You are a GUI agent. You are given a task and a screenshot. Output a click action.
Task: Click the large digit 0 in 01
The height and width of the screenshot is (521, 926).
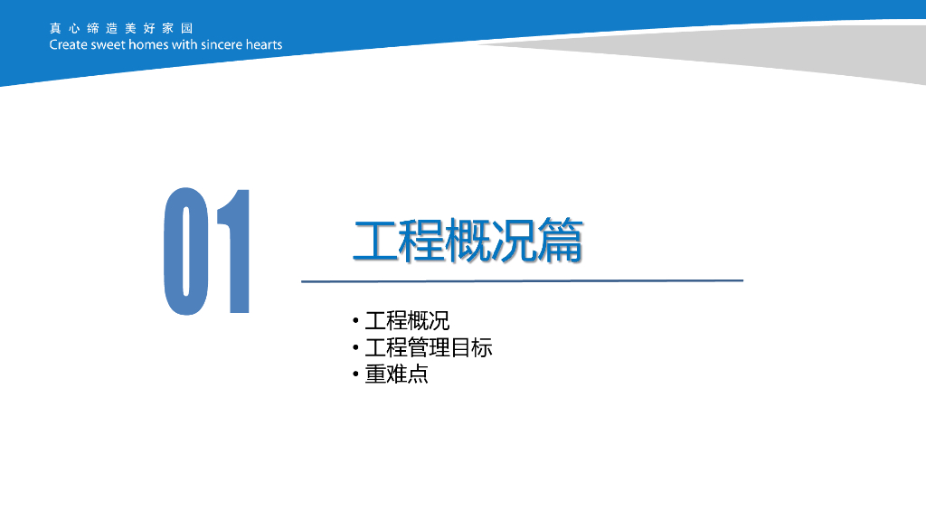pyautogui.click(x=186, y=251)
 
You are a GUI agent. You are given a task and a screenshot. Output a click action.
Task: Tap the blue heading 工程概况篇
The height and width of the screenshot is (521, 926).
pyautogui.click(x=468, y=240)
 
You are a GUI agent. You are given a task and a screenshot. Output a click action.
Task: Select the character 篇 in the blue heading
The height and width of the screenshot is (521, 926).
pyautogui.click(x=561, y=240)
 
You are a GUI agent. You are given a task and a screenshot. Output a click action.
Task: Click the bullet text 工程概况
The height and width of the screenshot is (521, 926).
pyautogui.click(x=407, y=321)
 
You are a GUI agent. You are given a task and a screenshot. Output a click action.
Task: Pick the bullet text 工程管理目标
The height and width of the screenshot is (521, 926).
pyautogui.click(x=428, y=347)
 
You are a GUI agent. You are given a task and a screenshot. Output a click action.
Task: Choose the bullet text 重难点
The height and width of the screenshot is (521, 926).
pyautogui.click(x=396, y=374)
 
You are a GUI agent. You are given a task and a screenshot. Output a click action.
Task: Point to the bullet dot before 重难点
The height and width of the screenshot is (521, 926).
pyautogui.click(x=355, y=374)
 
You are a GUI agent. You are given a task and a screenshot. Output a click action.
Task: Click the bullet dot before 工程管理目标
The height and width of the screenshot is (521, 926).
pyautogui.click(x=355, y=347)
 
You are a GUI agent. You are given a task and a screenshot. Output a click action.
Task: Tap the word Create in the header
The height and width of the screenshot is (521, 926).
pyautogui.click(x=69, y=45)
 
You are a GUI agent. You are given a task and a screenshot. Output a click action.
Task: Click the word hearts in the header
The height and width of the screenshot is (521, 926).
pyautogui.click(x=264, y=45)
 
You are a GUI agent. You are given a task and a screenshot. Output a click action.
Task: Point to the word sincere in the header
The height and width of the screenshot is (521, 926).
pyautogui.click(x=222, y=45)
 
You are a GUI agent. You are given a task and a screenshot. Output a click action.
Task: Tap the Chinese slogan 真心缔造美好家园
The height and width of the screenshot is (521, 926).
pyautogui.click(x=121, y=28)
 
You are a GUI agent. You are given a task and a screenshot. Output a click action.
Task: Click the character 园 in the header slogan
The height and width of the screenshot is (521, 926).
pyautogui.click(x=187, y=28)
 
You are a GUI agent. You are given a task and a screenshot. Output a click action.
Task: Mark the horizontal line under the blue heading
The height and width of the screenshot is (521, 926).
pyautogui.click(x=522, y=281)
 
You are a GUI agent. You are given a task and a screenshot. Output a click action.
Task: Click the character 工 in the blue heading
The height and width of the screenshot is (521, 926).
pyautogui.click(x=375, y=240)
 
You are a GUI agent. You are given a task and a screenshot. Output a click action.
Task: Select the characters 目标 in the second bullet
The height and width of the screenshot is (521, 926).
pyautogui.click(x=471, y=347)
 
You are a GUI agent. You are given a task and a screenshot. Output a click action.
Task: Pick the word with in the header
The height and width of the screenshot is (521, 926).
pyautogui.click(x=184, y=45)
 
